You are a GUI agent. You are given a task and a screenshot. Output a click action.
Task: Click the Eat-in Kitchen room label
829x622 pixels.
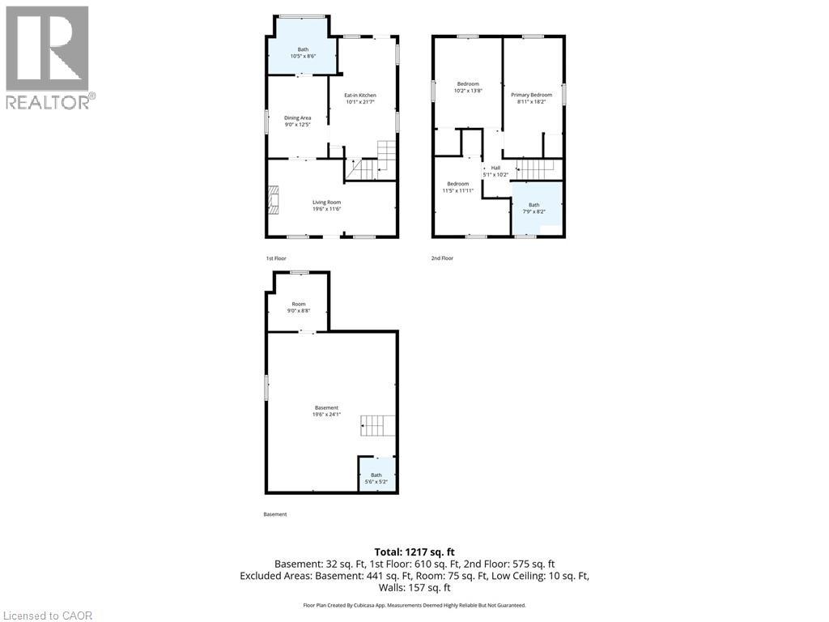[360, 99]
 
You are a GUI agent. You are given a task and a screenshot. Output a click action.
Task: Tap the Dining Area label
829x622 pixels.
[297, 121]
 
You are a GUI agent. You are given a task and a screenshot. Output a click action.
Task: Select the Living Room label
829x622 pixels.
[327, 206]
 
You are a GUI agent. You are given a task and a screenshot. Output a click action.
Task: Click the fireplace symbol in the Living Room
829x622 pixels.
[274, 199]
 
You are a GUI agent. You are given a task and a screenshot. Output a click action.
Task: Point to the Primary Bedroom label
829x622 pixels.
[531, 99]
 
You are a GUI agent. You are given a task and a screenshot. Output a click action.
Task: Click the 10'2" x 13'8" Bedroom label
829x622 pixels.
[468, 87]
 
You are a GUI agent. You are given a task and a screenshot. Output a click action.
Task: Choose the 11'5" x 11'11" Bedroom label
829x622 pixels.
[457, 187]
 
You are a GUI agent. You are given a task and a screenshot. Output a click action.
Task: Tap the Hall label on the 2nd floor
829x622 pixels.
[495, 171]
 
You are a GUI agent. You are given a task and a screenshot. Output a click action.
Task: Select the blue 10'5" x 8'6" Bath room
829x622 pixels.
[303, 53]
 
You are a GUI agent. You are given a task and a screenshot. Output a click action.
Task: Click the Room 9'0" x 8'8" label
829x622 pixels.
[299, 307]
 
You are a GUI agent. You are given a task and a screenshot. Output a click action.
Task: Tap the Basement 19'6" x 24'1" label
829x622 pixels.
[326, 411]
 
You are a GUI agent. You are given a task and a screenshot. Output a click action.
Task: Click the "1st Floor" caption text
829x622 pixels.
[276, 258]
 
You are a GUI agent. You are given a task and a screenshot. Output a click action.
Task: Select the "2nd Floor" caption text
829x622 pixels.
[442, 258]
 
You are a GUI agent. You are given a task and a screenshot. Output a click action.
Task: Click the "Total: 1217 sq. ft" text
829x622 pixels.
[414, 551]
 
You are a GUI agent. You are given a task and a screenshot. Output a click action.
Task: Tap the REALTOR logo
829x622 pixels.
[48, 57]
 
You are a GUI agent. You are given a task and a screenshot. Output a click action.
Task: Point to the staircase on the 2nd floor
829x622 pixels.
[534, 169]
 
